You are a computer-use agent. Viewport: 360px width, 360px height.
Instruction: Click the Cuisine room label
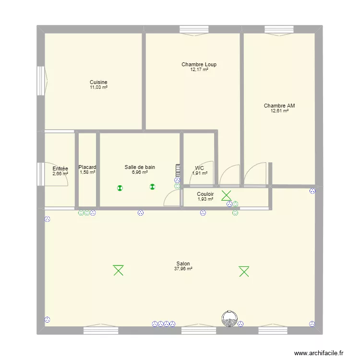(x=98, y=82)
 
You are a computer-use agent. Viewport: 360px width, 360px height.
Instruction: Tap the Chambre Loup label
(x=199, y=64)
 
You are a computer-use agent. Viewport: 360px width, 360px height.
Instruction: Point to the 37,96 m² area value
(x=183, y=269)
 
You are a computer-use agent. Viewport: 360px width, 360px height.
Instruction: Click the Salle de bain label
(x=140, y=167)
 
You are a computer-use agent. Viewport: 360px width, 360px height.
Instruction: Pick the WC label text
(x=200, y=168)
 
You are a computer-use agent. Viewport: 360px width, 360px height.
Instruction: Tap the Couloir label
(x=205, y=194)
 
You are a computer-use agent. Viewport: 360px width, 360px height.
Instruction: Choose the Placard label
(x=87, y=167)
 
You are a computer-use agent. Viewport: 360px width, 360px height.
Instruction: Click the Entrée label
(x=60, y=168)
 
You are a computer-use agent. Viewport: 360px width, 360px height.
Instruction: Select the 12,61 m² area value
(x=279, y=111)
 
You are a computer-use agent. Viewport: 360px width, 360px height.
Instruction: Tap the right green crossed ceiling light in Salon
(x=244, y=272)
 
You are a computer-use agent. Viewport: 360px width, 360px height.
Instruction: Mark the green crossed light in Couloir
(x=226, y=195)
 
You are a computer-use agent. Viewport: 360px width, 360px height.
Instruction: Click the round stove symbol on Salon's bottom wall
(x=230, y=318)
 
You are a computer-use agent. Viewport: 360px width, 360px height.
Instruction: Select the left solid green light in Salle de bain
(x=120, y=188)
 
